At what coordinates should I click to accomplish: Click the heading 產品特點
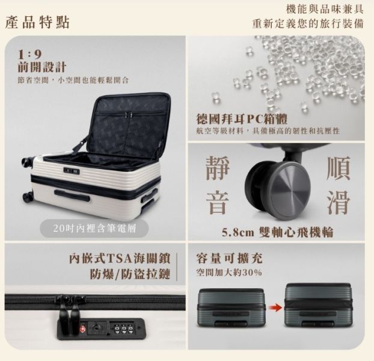[37, 23]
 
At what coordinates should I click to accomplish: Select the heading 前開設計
[42, 67]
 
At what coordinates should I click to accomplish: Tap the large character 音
[217, 202]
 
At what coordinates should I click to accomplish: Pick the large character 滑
[338, 202]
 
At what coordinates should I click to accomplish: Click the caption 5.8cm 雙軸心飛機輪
[277, 232]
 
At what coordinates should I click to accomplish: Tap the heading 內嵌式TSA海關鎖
[117, 259]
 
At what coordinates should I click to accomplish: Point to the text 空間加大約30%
[229, 273]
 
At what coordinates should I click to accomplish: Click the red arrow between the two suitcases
[276, 307]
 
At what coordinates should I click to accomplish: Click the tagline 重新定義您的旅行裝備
[307, 24]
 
